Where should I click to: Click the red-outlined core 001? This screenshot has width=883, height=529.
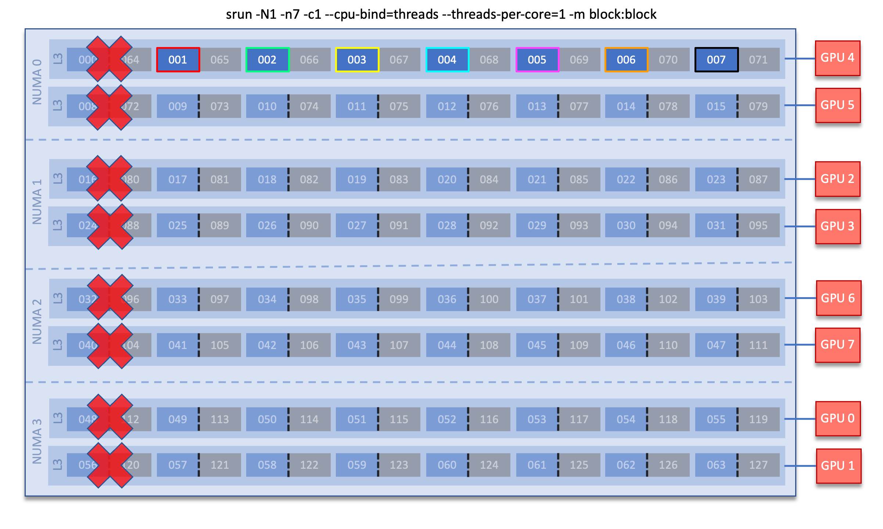pyautogui.click(x=178, y=60)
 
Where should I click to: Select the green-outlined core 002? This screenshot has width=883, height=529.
pyautogui.click(x=267, y=60)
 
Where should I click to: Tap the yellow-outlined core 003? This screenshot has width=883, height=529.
pyautogui.click(x=357, y=60)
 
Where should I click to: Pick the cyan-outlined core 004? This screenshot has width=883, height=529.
pyautogui.click(x=447, y=60)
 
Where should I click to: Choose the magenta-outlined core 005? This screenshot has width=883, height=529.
pyautogui.click(x=537, y=60)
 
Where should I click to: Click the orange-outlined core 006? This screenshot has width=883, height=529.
pyautogui.click(x=626, y=60)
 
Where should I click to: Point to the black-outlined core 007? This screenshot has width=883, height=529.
pyautogui.click(x=716, y=60)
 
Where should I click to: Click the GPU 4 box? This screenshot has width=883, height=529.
pyautogui.click(x=837, y=58)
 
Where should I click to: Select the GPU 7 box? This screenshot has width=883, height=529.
pyautogui.click(x=837, y=345)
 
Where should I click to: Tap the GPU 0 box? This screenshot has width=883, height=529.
pyautogui.click(x=837, y=418)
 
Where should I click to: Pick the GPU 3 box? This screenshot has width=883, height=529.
pyautogui.click(x=837, y=226)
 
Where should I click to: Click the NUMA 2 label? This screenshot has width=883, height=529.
pyautogui.click(x=37, y=321)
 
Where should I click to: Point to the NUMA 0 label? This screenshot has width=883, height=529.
pyautogui.click(x=37, y=82)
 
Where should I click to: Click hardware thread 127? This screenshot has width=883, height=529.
pyautogui.click(x=758, y=465)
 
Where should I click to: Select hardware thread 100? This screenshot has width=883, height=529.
pyautogui.click(x=489, y=299)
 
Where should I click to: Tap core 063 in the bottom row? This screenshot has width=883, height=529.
pyautogui.click(x=716, y=465)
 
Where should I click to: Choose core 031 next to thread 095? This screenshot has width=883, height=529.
pyautogui.click(x=716, y=226)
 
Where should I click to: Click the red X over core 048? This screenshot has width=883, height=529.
pyautogui.click(x=110, y=417)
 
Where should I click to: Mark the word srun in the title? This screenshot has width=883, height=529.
pyautogui.click(x=239, y=14)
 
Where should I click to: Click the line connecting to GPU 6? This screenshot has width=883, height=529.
pyautogui.click(x=800, y=298)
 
